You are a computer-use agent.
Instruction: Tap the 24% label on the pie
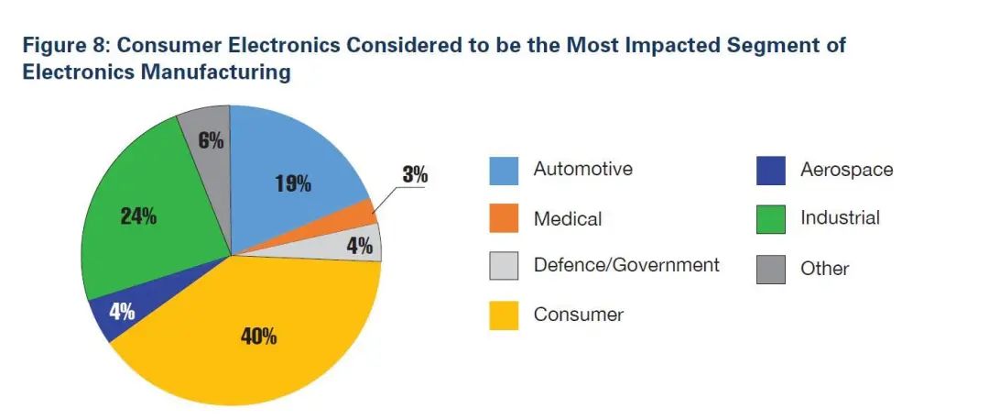(138, 217)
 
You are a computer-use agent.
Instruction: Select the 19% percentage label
(293, 183)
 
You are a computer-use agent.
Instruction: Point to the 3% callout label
(415, 174)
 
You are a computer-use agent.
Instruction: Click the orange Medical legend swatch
(503, 219)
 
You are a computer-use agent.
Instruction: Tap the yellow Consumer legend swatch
(503, 315)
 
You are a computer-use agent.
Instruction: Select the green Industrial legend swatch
(770, 218)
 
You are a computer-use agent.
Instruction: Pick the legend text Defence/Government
(626, 265)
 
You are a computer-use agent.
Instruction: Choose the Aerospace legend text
(846, 170)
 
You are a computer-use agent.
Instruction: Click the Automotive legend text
(582, 170)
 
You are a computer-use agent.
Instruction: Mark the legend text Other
(824, 269)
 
